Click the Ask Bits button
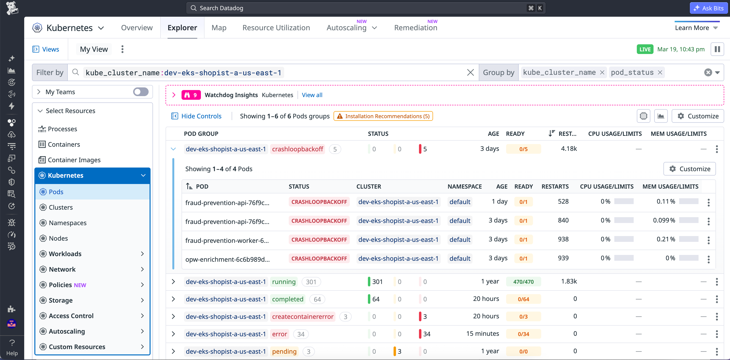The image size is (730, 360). coord(709,8)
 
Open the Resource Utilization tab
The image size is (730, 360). coord(276,28)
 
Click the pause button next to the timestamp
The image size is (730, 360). coord(717,49)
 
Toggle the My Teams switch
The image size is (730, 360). coord(141,92)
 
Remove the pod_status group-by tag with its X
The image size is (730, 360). coord(660,73)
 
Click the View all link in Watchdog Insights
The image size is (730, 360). coord(312,95)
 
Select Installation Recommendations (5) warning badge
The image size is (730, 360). coord(383,116)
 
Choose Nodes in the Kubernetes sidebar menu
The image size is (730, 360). coord(58,238)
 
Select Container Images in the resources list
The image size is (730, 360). coord(74,160)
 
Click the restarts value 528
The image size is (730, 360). coord(563,201)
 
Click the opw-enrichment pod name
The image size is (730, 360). coord(227,259)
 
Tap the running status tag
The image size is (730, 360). coord(284,282)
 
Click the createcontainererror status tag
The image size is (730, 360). coord(302,317)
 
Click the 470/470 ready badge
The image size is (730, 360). coord(523,282)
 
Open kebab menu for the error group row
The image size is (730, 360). coord(717,334)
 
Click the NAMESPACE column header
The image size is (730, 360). coord(464,186)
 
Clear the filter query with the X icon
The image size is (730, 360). coord(470,73)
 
